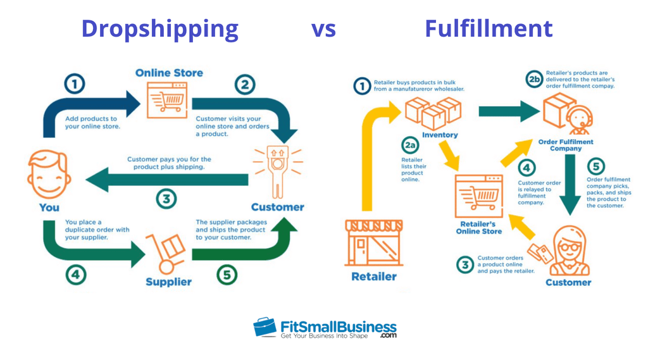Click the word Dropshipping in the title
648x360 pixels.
click(x=159, y=28)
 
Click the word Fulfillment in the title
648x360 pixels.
click(x=489, y=28)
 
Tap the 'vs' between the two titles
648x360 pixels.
click(x=323, y=29)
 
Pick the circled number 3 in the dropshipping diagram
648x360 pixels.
click(x=166, y=199)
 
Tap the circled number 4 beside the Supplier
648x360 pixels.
click(x=76, y=275)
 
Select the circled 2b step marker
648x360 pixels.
click(x=535, y=79)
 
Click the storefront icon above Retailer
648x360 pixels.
click(x=373, y=243)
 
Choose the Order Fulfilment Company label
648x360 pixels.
click(x=565, y=145)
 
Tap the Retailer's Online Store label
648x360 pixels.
click(x=478, y=228)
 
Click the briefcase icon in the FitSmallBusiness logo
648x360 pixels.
click(x=265, y=327)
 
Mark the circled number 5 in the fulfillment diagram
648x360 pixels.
click(x=595, y=166)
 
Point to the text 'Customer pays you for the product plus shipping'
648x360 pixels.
click(x=169, y=163)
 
